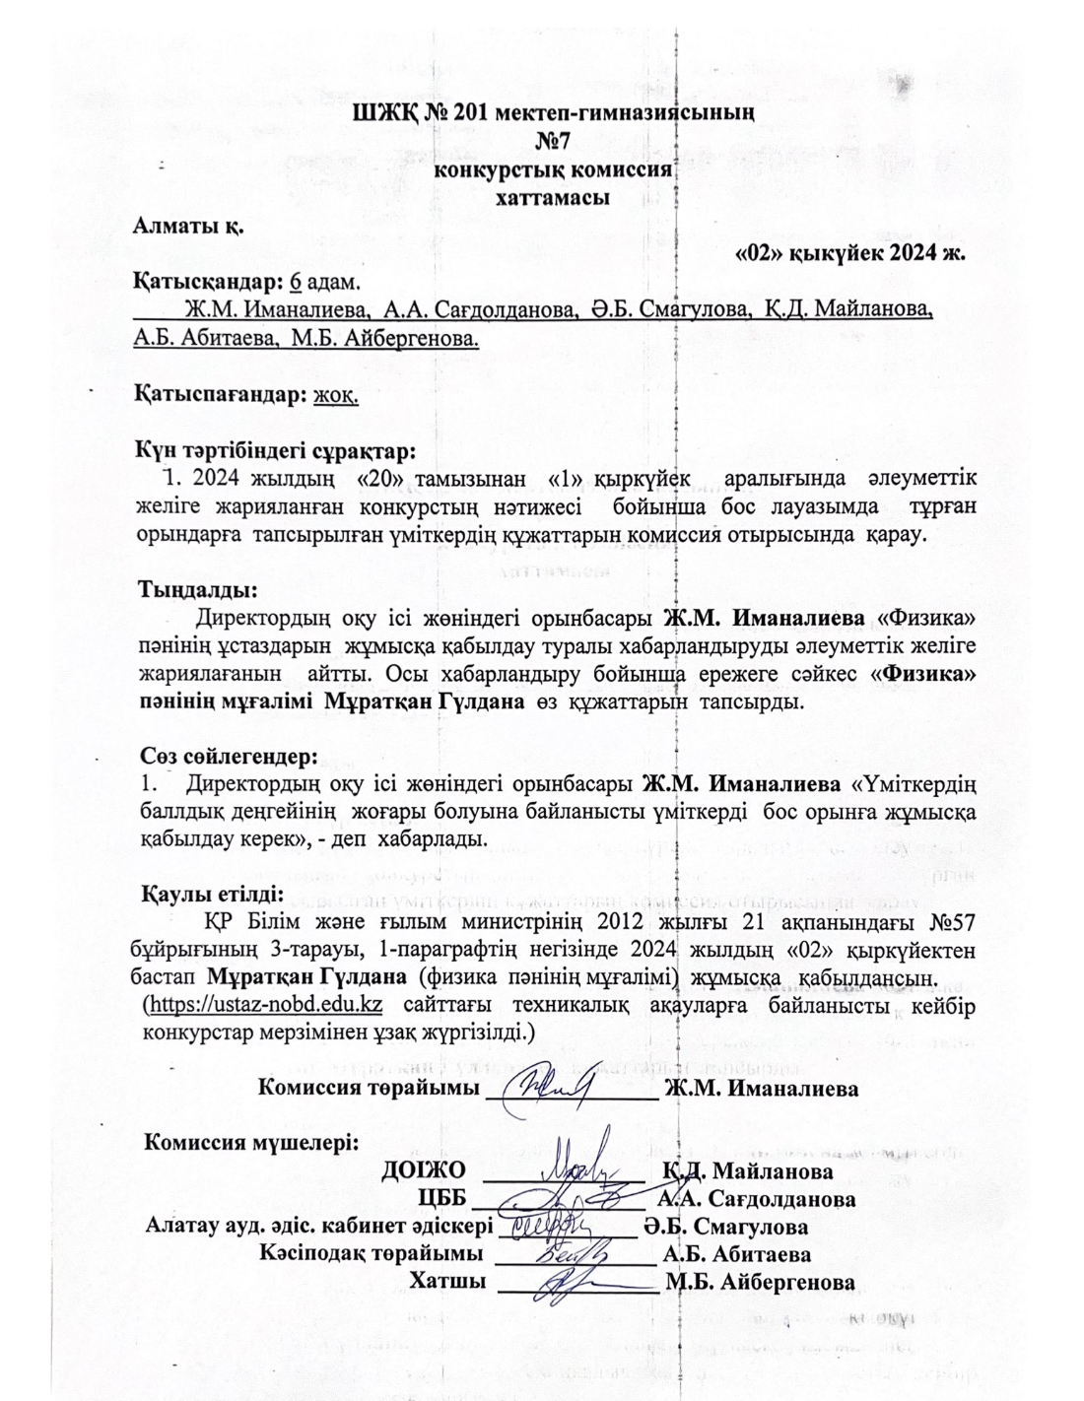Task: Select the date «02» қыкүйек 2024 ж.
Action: (850, 251)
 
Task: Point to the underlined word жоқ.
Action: (336, 394)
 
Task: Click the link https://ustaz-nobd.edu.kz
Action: (265, 1005)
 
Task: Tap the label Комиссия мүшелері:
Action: (252, 1142)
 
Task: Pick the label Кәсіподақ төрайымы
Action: (372, 1254)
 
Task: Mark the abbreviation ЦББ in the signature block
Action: (442, 1199)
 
